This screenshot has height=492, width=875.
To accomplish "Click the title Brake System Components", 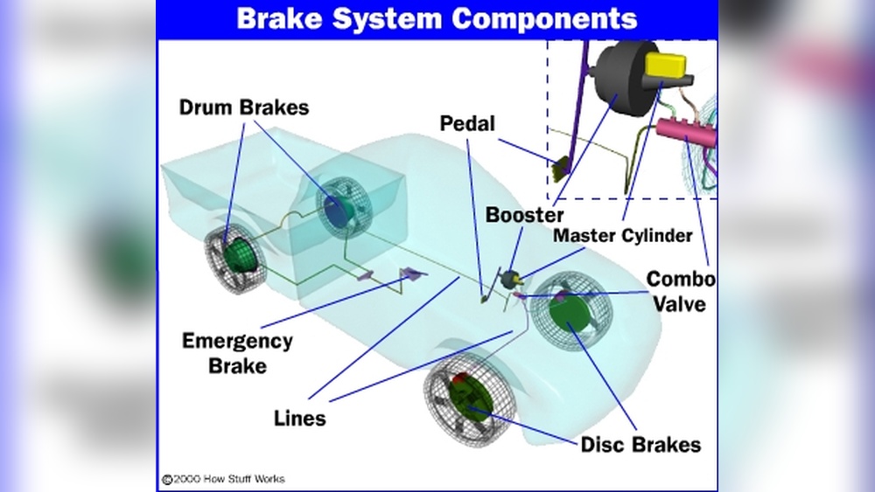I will [x=437, y=18].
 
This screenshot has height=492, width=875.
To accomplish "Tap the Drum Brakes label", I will [x=244, y=108].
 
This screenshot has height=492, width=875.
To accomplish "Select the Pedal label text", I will [x=466, y=124].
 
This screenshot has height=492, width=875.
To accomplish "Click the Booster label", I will [x=525, y=214].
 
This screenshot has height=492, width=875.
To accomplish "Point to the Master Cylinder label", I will [x=622, y=235].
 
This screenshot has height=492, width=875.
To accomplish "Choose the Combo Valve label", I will [x=680, y=292].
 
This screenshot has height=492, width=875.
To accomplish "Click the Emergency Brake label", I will [x=237, y=352].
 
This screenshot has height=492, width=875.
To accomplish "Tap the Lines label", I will [x=299, y=418].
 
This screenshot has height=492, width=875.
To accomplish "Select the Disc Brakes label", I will [x=640, y=445].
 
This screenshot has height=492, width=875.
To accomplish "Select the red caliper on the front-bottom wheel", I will [x=461, y=382].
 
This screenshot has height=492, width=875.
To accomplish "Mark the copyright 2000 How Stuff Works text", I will [x=223, y=479].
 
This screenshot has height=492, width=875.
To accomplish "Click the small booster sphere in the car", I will [x=510, y=279].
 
